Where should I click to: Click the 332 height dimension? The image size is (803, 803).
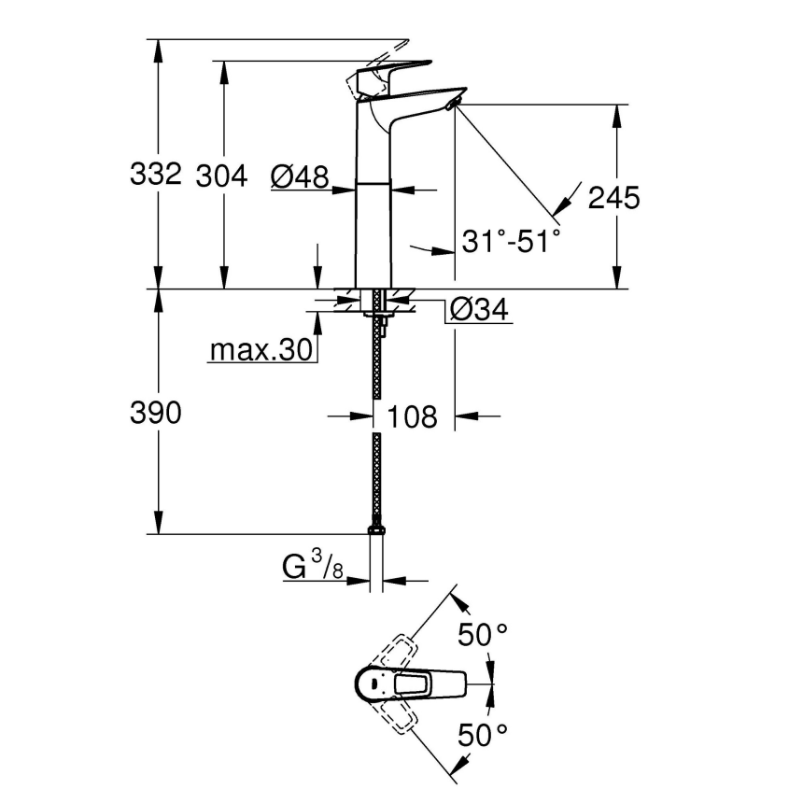[x=156, y=174]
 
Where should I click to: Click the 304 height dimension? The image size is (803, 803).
[x=221, y=174]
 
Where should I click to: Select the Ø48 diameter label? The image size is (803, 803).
[x=300, y=175]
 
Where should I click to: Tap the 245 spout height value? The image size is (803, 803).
[x=613, y=197]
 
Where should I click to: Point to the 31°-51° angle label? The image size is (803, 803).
[x=511, y=241]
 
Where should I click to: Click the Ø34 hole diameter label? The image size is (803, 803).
[x=479, y=309]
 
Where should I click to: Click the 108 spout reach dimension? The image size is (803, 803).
[x=412, y=416]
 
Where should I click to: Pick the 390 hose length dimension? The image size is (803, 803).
[x=156, y=414]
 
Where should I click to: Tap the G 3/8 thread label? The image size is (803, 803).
[x=311, y=567]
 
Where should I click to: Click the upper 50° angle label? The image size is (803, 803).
[x=482, y=637]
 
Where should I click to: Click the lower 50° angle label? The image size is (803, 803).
[x=482, y=736]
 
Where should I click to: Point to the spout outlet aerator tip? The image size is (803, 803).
[x=455, y=103]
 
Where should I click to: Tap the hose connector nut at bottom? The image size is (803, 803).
[x=376, y=532]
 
